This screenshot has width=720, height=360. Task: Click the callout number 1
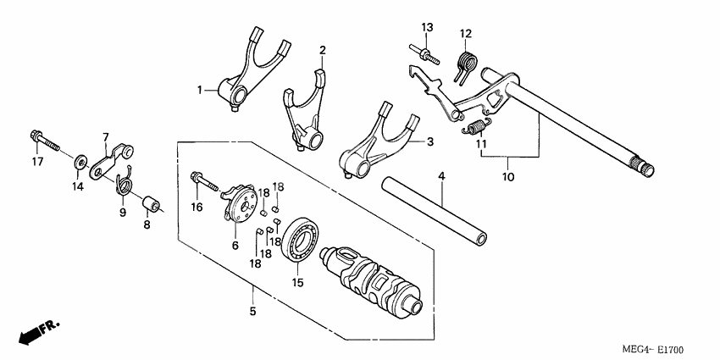pyautogui.click(x=200, y=89)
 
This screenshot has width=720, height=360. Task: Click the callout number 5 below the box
pyautogui.click(x=253, y=311)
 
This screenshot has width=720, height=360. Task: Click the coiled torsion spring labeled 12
pyautogui.click(x=466, y=64)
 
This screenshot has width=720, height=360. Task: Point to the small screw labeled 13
pyautogui.click(x=425, y=53)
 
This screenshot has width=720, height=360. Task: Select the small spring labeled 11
pyautogui.click(x=478, y=127)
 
